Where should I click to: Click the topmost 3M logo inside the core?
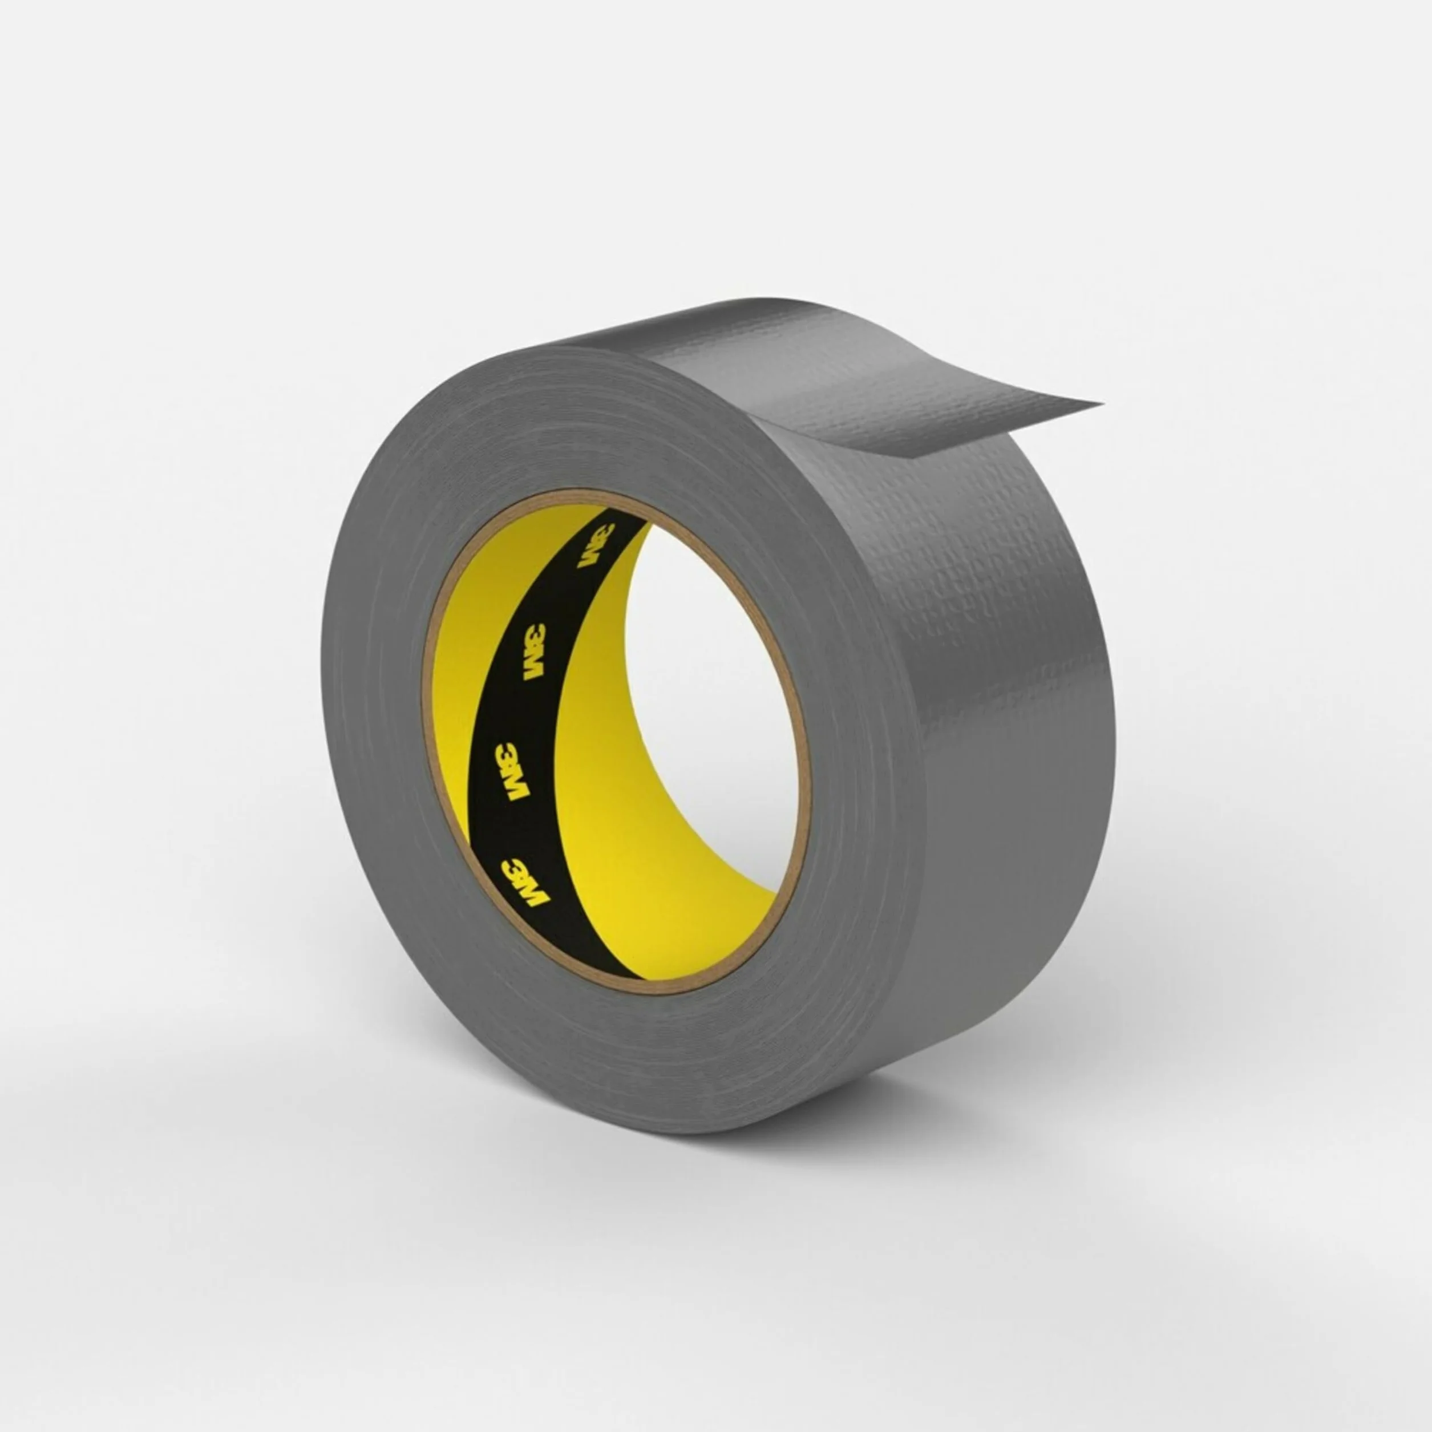pyautogui.click(x=596, y=546)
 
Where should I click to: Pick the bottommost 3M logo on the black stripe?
pyautogui.click(x=524, y=883)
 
